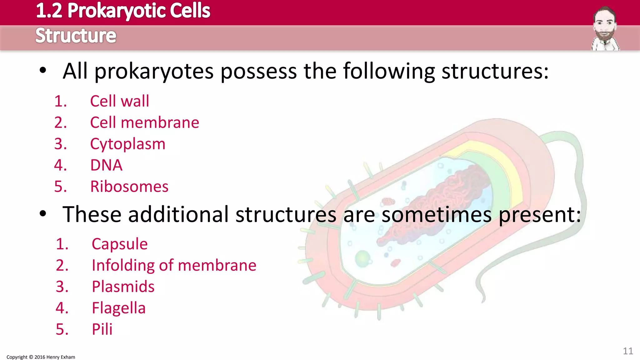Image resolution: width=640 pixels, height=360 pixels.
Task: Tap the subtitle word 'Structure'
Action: click(x=76, y=36)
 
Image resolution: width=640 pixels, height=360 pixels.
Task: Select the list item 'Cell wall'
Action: click(x=119, y=101)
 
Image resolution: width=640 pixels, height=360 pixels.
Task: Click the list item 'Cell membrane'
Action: click(x=144, y=122)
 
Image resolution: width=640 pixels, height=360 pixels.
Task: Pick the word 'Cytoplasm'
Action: click(x=127, y=144)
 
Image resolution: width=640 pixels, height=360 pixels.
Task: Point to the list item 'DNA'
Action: click(x=106, y=165)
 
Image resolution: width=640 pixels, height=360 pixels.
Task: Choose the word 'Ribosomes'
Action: click(x=129, y=187)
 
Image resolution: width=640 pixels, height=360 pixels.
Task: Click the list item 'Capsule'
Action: click(x=119, y=244)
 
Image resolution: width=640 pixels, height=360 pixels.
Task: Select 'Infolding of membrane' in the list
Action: click(x=174, y=265)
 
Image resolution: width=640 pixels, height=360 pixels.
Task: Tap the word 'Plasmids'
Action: click(x=123, y=287)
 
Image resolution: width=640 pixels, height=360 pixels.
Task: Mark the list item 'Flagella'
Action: click(x=118, y=308)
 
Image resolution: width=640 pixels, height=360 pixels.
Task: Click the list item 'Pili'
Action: click(x=102, y=329)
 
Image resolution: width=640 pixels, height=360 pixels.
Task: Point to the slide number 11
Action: click(x=628, y=351)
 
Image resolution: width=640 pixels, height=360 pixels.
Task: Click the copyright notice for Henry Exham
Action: click(x=41, y=357)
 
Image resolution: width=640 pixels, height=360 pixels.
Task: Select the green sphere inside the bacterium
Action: click(x=362, y=258)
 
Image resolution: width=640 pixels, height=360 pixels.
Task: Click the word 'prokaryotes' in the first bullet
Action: click(x=154, y=72)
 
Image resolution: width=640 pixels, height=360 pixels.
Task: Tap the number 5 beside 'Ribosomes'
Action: click(x=60, y=187)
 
